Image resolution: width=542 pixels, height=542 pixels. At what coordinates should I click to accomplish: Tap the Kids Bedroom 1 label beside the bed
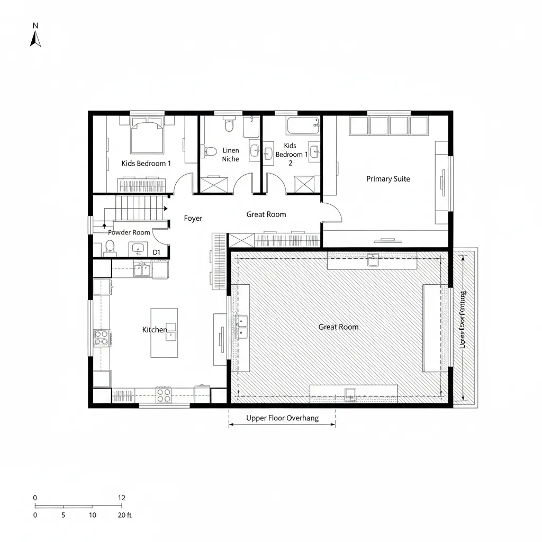point(146,164)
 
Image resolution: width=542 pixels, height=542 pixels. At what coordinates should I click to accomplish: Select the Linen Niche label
point(231,155)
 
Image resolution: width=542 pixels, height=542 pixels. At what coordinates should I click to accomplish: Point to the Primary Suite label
point(388,179)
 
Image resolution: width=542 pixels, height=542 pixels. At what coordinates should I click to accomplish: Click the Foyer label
point(193,218)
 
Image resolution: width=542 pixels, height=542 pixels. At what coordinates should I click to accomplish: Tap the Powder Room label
point(129,232)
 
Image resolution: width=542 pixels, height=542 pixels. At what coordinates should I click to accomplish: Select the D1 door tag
point(157,252)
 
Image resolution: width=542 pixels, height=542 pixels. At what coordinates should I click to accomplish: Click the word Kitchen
point(155,330)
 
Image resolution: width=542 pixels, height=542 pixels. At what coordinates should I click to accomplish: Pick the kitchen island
point(164,332)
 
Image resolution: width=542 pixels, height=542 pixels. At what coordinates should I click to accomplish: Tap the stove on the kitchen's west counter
point(102,338)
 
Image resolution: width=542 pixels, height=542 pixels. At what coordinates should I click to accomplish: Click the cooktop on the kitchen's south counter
point(164,394)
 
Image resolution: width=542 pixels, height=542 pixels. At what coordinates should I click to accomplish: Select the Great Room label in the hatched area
point(338,327)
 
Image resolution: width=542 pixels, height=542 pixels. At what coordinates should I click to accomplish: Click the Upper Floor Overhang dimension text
point(282,418)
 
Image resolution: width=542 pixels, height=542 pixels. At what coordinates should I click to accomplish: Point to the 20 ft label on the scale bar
point(124,515)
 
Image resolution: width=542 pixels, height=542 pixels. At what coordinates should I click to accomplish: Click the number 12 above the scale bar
point(122,498)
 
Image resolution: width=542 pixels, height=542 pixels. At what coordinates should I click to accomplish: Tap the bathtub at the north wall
point(303,126)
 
